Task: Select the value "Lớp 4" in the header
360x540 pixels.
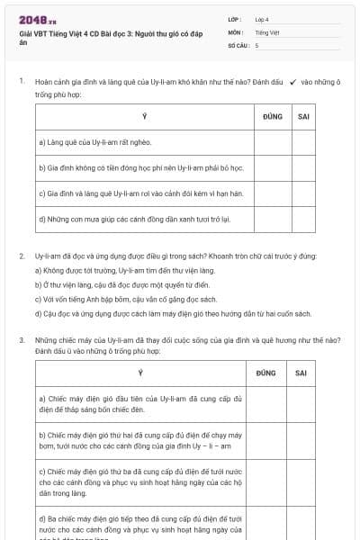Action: (261, 19)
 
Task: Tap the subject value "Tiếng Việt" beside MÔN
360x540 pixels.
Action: (265, 31)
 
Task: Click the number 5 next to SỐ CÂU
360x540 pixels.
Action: (256, 44)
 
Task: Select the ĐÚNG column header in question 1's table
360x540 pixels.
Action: (273, 117)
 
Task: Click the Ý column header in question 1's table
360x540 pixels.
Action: (144, 117)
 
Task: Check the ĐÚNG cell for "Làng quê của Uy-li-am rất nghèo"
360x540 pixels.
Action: (273, 142)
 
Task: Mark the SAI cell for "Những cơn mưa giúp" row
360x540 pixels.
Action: (302, 218)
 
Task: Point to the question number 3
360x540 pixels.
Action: (22, 340)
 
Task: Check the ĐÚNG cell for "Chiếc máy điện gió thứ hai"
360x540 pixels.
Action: (266, 440)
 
